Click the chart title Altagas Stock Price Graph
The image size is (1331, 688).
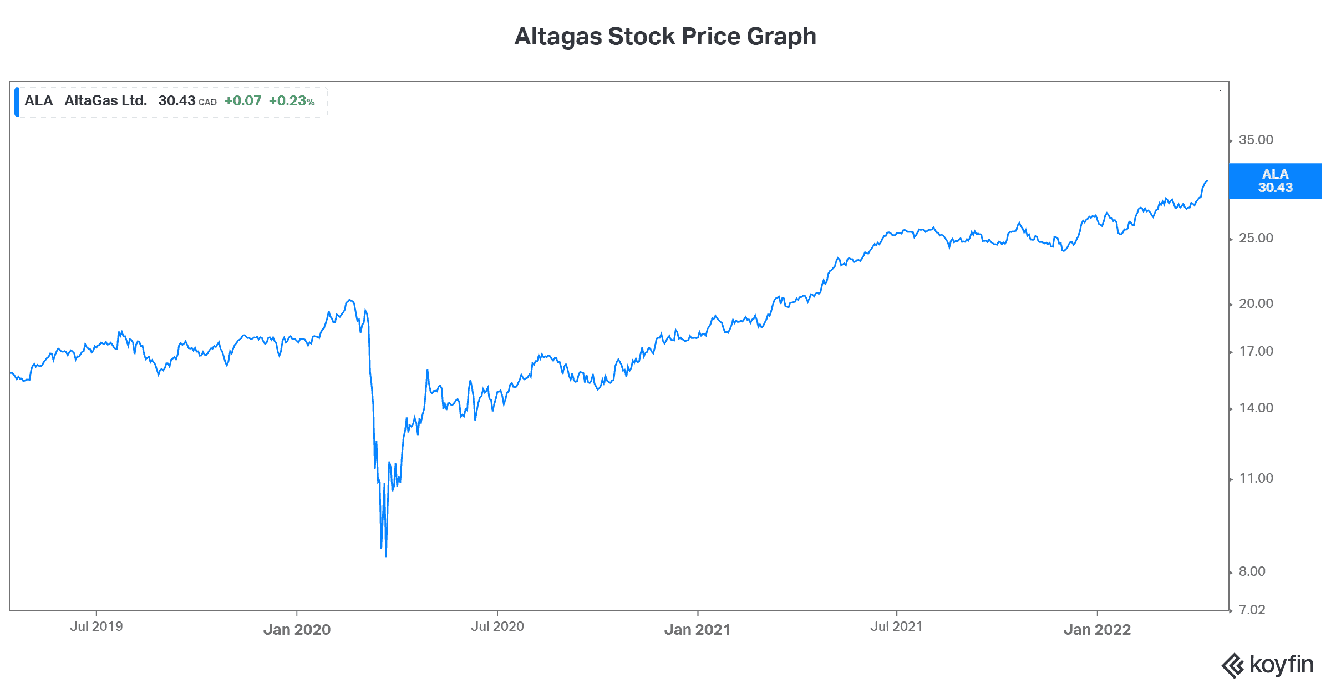665,37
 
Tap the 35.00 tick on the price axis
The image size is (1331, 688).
1256,140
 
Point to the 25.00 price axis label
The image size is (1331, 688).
1256,238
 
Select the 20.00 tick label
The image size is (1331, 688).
1256,303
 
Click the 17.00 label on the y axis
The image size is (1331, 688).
1256,351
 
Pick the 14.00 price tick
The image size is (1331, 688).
1256,408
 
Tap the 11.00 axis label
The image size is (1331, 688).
1256,478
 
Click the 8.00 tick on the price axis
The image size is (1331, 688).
1252,571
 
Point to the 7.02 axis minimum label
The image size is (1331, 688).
1252,610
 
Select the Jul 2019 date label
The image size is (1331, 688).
96,626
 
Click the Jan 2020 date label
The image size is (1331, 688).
297,629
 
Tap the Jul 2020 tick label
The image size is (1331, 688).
497,626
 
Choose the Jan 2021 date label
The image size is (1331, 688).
697,629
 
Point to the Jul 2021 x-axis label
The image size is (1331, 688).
896,626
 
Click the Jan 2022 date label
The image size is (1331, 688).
1096,629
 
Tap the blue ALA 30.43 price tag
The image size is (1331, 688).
1275,181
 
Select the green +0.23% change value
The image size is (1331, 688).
292,101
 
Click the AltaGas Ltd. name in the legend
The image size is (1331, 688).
105,101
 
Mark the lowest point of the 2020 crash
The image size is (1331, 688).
385,556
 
